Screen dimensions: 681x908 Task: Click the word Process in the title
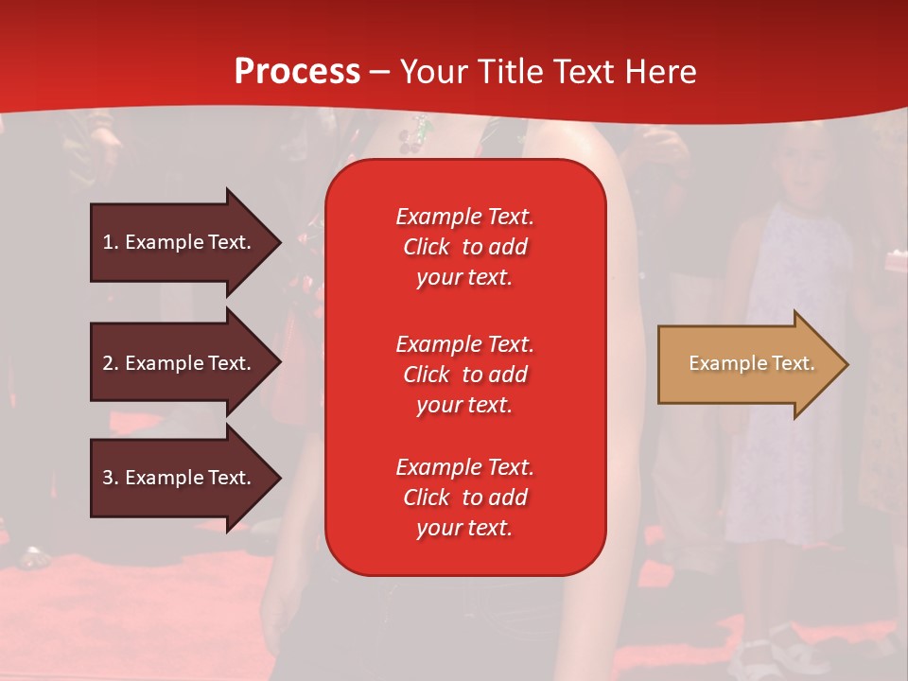tap(297, 72)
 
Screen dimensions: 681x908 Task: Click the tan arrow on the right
tap(747, 364)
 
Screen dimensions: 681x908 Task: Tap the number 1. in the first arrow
tap(111, 242)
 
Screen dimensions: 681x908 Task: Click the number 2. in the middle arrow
tap(111, 363)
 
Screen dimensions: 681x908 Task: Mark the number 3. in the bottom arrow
tap(111, 478)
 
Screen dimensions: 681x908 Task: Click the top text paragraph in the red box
tap(464, 247)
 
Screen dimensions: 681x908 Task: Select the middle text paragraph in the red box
tap(464, 375)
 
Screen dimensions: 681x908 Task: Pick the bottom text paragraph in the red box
tap(464, 498)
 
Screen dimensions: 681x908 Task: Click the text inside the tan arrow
tap(751, 363)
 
